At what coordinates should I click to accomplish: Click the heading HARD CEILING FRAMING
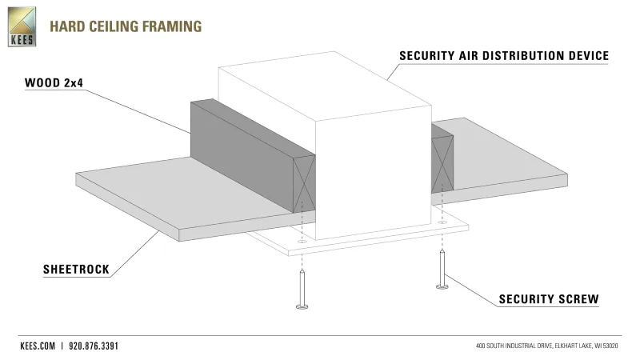pyautogui.click(x=125, y=26)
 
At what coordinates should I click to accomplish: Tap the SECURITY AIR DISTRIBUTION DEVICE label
pyautogui.click(x=505, y=56)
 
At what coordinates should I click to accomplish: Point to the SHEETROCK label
pyautogui.click(x=75, y=270)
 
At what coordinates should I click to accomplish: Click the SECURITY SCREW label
pyautogui.click(x=549, y=299)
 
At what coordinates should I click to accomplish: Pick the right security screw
pyautogui.click(x=440, y=269)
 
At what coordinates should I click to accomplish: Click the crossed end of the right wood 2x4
pyautogui.click(x=442, y=163)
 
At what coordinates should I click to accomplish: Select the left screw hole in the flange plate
pyautogui.click(x=302, y=240)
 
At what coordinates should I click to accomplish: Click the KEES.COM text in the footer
pyautogui.click(x=37, y=346)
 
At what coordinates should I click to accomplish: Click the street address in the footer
pyautogui.click(x=547, y=346)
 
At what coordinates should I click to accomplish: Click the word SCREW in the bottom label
pyautogui.click(x=577, y=299)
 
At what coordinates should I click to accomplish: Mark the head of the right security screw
pyautogui.click(x=440, y=286)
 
